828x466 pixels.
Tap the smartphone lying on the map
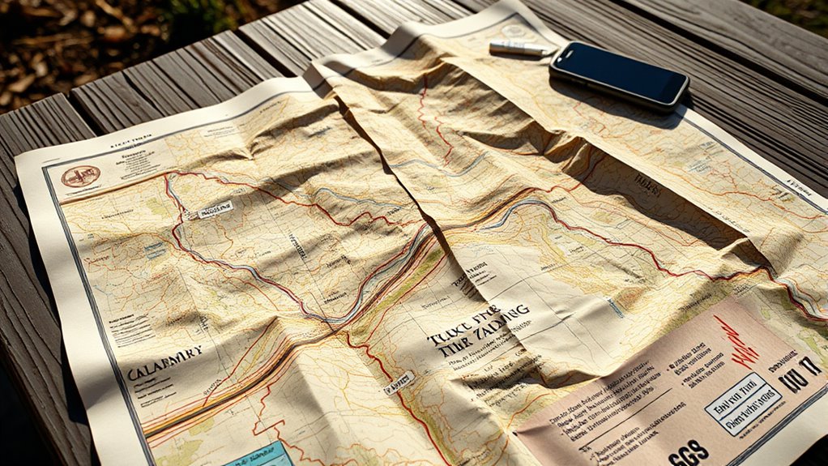(619, 75)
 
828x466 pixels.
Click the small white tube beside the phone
(519, 49)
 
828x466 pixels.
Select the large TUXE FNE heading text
(479, 324)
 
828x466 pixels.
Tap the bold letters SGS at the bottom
(689, 451)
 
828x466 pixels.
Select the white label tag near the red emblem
(214, 209)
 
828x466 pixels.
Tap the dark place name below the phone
(648, 182)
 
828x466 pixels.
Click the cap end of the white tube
(547, 50)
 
